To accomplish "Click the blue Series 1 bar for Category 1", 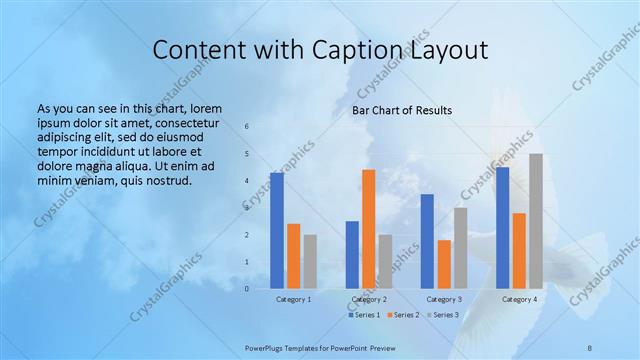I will tap(277, 231).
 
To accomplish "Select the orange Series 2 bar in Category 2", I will tap(369, 229).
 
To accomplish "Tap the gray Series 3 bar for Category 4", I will tap(536, 221).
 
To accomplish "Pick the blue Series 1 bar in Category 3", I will tap(427, 241).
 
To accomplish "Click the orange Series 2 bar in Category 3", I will tap(444, 264).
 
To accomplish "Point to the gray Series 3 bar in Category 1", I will tap(310, 262).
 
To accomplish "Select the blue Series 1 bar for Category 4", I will tap(502, 228).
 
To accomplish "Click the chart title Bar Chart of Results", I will tap(402, 110).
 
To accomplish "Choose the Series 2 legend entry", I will tap(402, 315).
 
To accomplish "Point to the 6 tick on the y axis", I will tap(247, 127).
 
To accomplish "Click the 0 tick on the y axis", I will tap(247, 289).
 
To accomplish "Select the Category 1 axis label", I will tap(293, 299).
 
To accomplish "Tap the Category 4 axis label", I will tap(519, 299).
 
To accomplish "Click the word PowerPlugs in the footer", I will tap(269, 347).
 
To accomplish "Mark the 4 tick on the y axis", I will tap(247, 181).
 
